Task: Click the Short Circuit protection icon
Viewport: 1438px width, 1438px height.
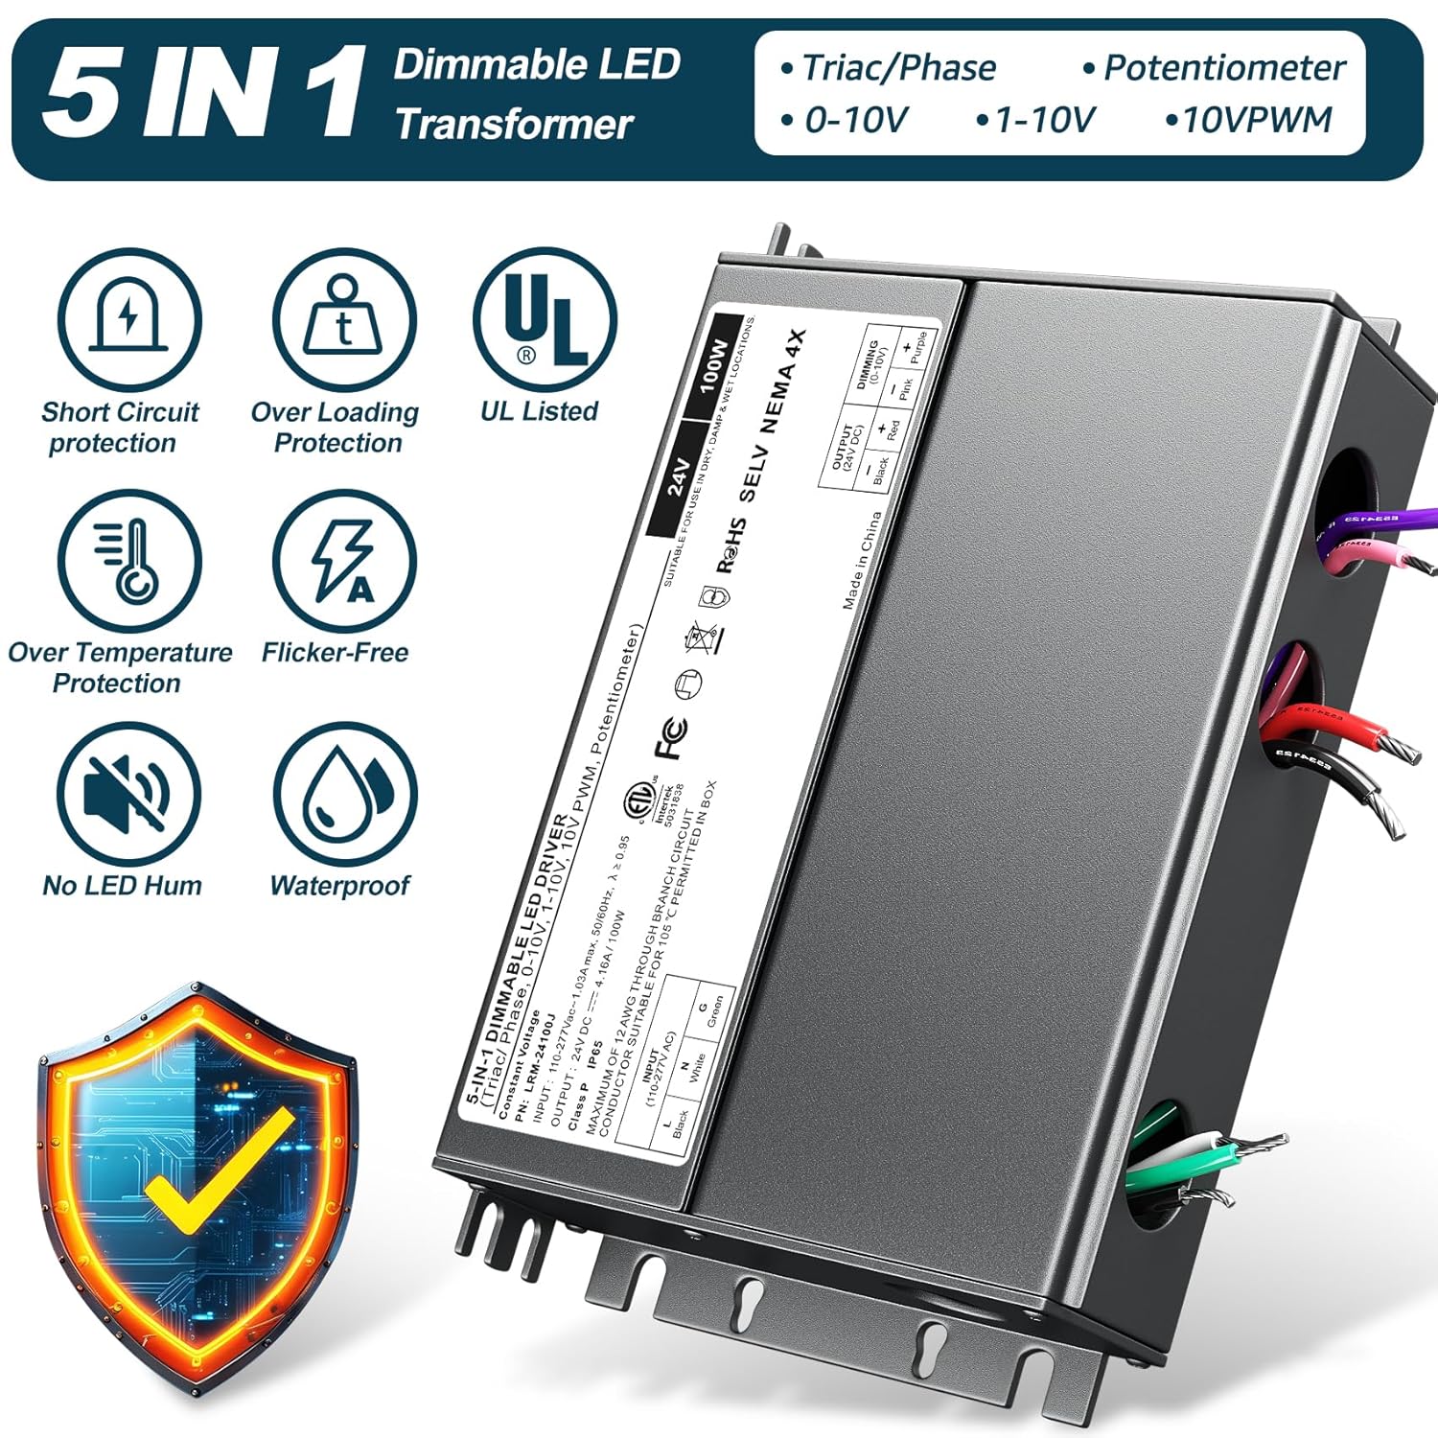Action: point(128,319)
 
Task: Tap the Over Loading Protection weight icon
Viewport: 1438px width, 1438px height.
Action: point(344,319)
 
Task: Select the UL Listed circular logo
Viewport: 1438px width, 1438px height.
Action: point(545,319)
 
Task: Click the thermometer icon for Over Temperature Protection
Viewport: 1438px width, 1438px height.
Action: point(128,561)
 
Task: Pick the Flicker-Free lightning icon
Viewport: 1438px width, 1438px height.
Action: point(344,561)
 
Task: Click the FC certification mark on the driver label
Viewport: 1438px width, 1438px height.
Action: point(670,737)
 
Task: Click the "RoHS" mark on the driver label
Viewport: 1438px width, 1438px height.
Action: point(731,546)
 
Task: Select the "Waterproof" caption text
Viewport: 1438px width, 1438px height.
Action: point(340,885)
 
